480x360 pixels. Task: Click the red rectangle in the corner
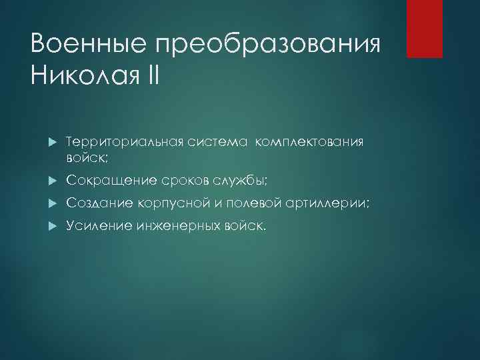(x=425, y=29)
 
